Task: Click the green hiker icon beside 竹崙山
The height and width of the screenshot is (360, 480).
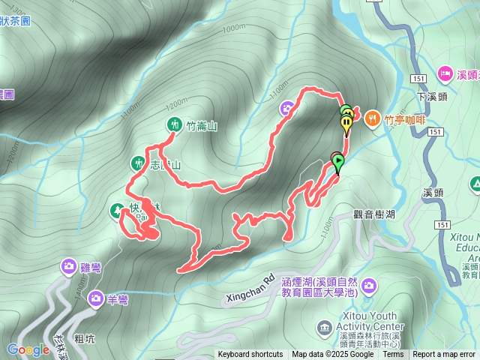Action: coord(174,125)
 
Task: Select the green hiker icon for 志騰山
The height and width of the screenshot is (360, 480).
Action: coord(138,163)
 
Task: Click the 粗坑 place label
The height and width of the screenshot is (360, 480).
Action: coord(85,339)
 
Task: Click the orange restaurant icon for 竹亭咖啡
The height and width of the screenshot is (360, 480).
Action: coord(373,117)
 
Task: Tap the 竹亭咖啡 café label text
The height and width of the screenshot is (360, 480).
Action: coord(405,118)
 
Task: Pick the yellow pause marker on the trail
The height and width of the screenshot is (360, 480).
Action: coord(346,123)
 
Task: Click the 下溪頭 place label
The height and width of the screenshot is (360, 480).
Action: coord(431,97)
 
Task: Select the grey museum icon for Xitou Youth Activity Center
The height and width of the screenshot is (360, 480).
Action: coord(324,327)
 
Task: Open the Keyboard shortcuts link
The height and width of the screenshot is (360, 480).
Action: coord(250,355)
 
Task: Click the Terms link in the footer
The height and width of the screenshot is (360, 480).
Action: coord(393,355)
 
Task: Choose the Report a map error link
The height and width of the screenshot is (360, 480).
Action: coord(445,355)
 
